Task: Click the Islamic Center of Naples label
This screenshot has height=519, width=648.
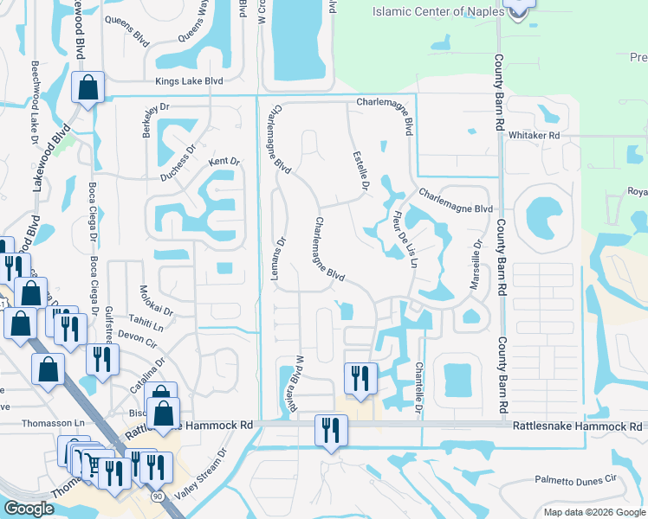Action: (x=438, y=12)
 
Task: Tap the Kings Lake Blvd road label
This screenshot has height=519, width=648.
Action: (x=189, y=81)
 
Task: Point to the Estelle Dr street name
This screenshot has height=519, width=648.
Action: (x=361, y=171)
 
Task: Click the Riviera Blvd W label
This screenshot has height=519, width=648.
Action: (x=300, y=383)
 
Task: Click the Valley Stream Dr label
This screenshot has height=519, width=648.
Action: (x=211, y=473)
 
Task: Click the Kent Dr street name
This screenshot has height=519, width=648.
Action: (x=223, y=162)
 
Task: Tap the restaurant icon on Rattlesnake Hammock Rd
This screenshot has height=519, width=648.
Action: (x=330, y=430)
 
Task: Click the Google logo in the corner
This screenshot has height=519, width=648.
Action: (x=29, y=509)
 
